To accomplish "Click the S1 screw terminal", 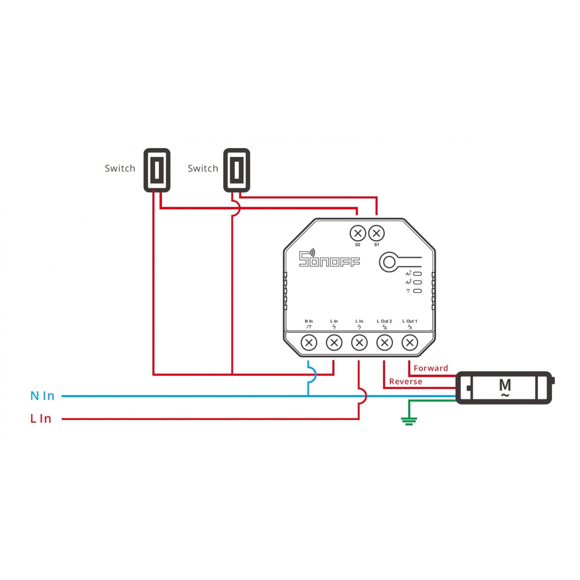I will (x=377, y=233).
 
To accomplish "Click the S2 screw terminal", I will (x=358, y=233).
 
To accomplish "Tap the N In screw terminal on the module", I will (x=309, y=343).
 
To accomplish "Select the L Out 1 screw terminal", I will (x=410, y=343).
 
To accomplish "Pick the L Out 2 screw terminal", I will (x=384, y=343).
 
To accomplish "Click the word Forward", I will (x=431, y=368).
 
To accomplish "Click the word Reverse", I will (x=406, y=382).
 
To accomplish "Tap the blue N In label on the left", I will (x=42, y=396).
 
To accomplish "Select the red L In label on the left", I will (x=41, y=419).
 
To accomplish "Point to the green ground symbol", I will (x=409, y=421).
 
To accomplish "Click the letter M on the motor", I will (x=505, y=385).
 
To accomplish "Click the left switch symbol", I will (x=157, y=170).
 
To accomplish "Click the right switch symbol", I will (x=237, y=170).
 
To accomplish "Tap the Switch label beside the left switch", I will (x=120, y=169).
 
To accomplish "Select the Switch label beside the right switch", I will (x=203, y=169).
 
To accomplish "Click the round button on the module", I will (x=389, y=262).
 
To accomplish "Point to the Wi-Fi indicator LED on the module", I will (x=418, y=291).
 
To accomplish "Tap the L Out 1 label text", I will (x=410, y=321).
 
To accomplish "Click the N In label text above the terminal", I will (x=309, y=321).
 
